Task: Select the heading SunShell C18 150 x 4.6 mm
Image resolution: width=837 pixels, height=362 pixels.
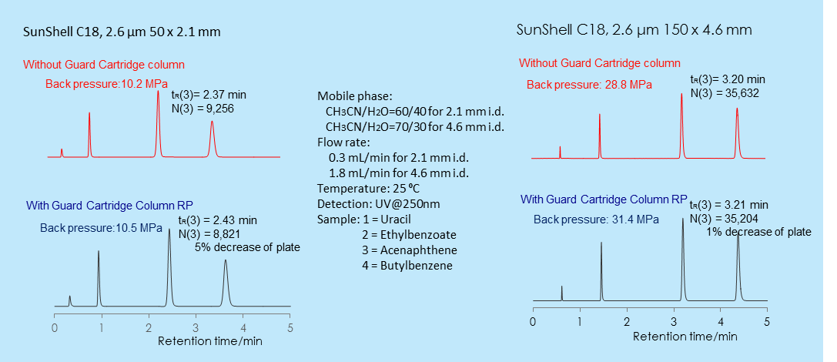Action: click(634, 30)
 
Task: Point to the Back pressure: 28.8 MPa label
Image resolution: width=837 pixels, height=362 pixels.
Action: click(588, 84)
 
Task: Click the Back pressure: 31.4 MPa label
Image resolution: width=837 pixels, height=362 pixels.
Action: click(596, 219)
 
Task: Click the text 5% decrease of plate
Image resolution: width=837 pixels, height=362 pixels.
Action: click(247, 247)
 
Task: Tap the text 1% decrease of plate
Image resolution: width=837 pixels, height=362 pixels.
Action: click(758, 232)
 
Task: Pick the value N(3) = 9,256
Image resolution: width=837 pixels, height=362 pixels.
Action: click(206, 109)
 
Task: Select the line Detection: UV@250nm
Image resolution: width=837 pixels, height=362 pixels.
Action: click(378, 203)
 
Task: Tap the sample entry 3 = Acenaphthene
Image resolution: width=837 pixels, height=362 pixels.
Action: click(409, 250)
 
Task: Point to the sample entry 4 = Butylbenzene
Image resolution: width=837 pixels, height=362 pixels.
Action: click(407, 266)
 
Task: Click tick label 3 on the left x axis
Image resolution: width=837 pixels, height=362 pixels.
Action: click(196, 328)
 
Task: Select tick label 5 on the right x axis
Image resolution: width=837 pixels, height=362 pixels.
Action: click(766, 320)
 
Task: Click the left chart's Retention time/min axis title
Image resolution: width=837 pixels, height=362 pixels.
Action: click(209, 340)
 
